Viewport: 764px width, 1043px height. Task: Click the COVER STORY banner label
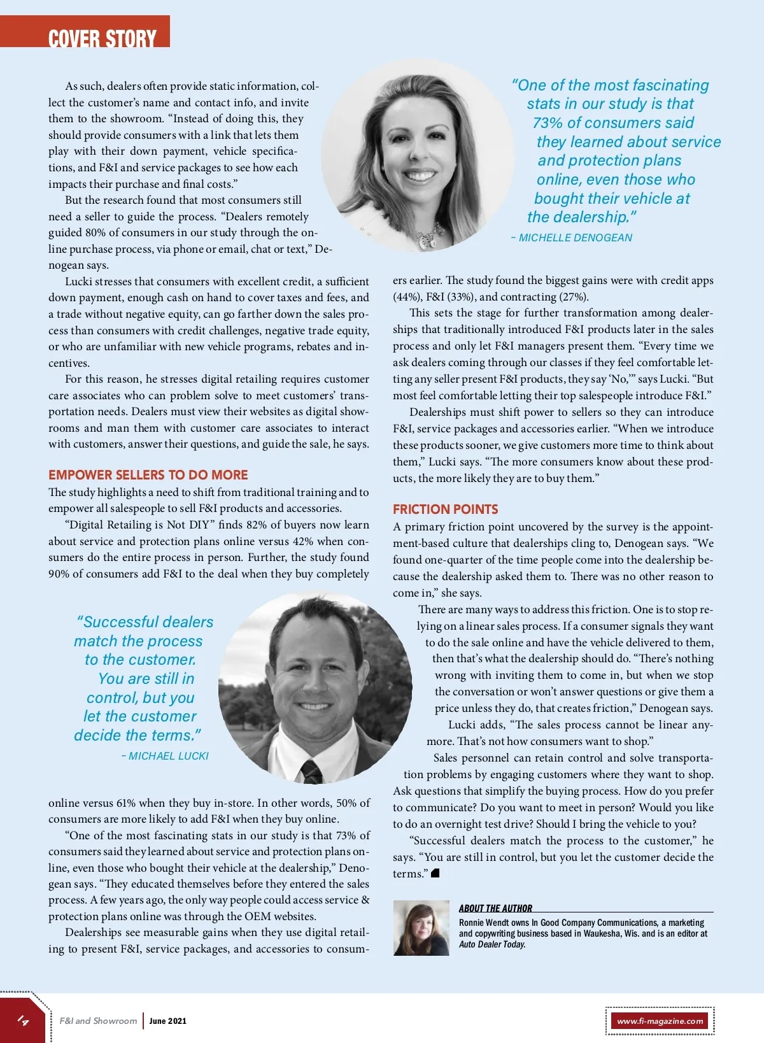coord(102,38)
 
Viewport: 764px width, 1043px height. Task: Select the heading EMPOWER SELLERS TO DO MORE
coord(148,475)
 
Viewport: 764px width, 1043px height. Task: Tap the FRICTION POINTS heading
coord(445,509)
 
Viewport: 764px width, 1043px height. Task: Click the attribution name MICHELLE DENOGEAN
coord(576,238)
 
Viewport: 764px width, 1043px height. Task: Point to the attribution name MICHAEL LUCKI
coord(169,756)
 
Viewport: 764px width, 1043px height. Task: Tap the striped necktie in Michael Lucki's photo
coord(312,771)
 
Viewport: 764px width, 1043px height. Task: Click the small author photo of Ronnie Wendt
coord(421,928)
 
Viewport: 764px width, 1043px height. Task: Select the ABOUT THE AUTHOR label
coord(495,908)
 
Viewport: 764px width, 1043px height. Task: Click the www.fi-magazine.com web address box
coord(660,1021)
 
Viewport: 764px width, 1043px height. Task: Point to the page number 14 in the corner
coord(23,1021)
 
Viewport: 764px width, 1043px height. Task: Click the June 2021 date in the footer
coord(168,1021)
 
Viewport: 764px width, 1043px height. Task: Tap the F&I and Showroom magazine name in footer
coord(98,1021)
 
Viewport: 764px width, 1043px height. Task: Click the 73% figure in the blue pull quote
coord(548,123)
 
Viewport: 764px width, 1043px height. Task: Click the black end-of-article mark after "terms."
coord(435,873)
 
